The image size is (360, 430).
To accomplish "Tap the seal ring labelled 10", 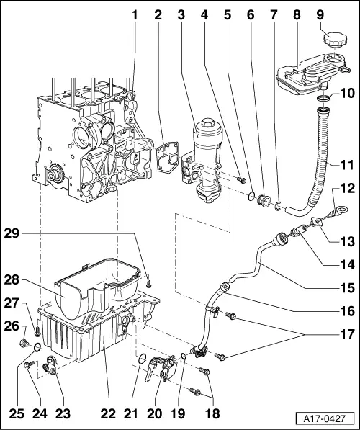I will point(324,95).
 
